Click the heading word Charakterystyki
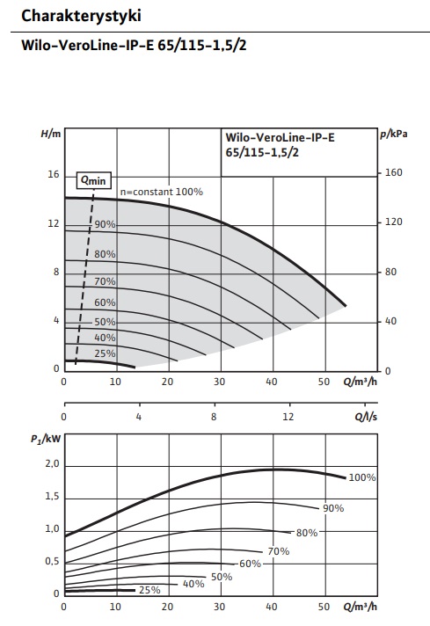[x=81, y=16]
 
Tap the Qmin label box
[x=94, y=180]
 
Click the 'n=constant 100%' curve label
[x=162, y=192]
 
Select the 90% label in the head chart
[x=105, y=224]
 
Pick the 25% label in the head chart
[x=105, y=353]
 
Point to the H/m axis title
[x=51, y=134]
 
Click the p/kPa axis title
[x=394, y=135]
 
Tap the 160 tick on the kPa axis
[x=393, y=173]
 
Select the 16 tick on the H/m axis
[x=53, y=174]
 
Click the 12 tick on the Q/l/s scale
[x=288, y=417]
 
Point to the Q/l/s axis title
[x=366, y=417]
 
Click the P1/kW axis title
[x=46, y=439]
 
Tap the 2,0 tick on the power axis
[x=52, y=464]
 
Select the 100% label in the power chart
[x=362, y=477]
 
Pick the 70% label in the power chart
[x=278, y=551]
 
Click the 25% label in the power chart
[x=149, y=590]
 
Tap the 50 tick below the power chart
[x=324, y=607]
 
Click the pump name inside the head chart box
[x=280, y=145]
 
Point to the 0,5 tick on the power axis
[x=52, y=561]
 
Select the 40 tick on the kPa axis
[x=390, y=322]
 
